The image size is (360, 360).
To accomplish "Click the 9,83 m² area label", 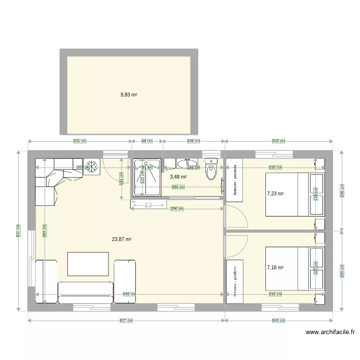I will tap(129, 95).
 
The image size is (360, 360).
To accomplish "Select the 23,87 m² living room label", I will tap(122, 239).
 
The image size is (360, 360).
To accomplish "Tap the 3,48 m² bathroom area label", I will tap(178, 177).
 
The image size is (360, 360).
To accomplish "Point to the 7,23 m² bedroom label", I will tap(276, 194).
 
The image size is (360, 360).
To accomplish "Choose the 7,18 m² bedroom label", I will tap(276, 268).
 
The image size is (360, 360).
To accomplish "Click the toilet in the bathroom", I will tap(211, 170).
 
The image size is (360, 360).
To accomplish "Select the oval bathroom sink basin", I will tap(185, 164).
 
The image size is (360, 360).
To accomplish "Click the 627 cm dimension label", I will tap(126, 320).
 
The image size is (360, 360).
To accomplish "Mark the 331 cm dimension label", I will tap(80, 141).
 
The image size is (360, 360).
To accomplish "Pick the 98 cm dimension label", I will tap(147, 141).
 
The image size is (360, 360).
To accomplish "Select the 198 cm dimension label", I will tap(193, 141).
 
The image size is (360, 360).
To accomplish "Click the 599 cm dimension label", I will tap(129, 294).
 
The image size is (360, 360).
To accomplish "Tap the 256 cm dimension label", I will tap(341, 191).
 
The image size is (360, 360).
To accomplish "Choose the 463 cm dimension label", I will tap(44, 231).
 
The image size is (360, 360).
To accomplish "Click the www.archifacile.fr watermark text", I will tap(330, 332).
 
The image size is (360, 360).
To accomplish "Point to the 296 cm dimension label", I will tap(177, 208).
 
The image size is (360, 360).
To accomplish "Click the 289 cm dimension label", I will tap(178, 187).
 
